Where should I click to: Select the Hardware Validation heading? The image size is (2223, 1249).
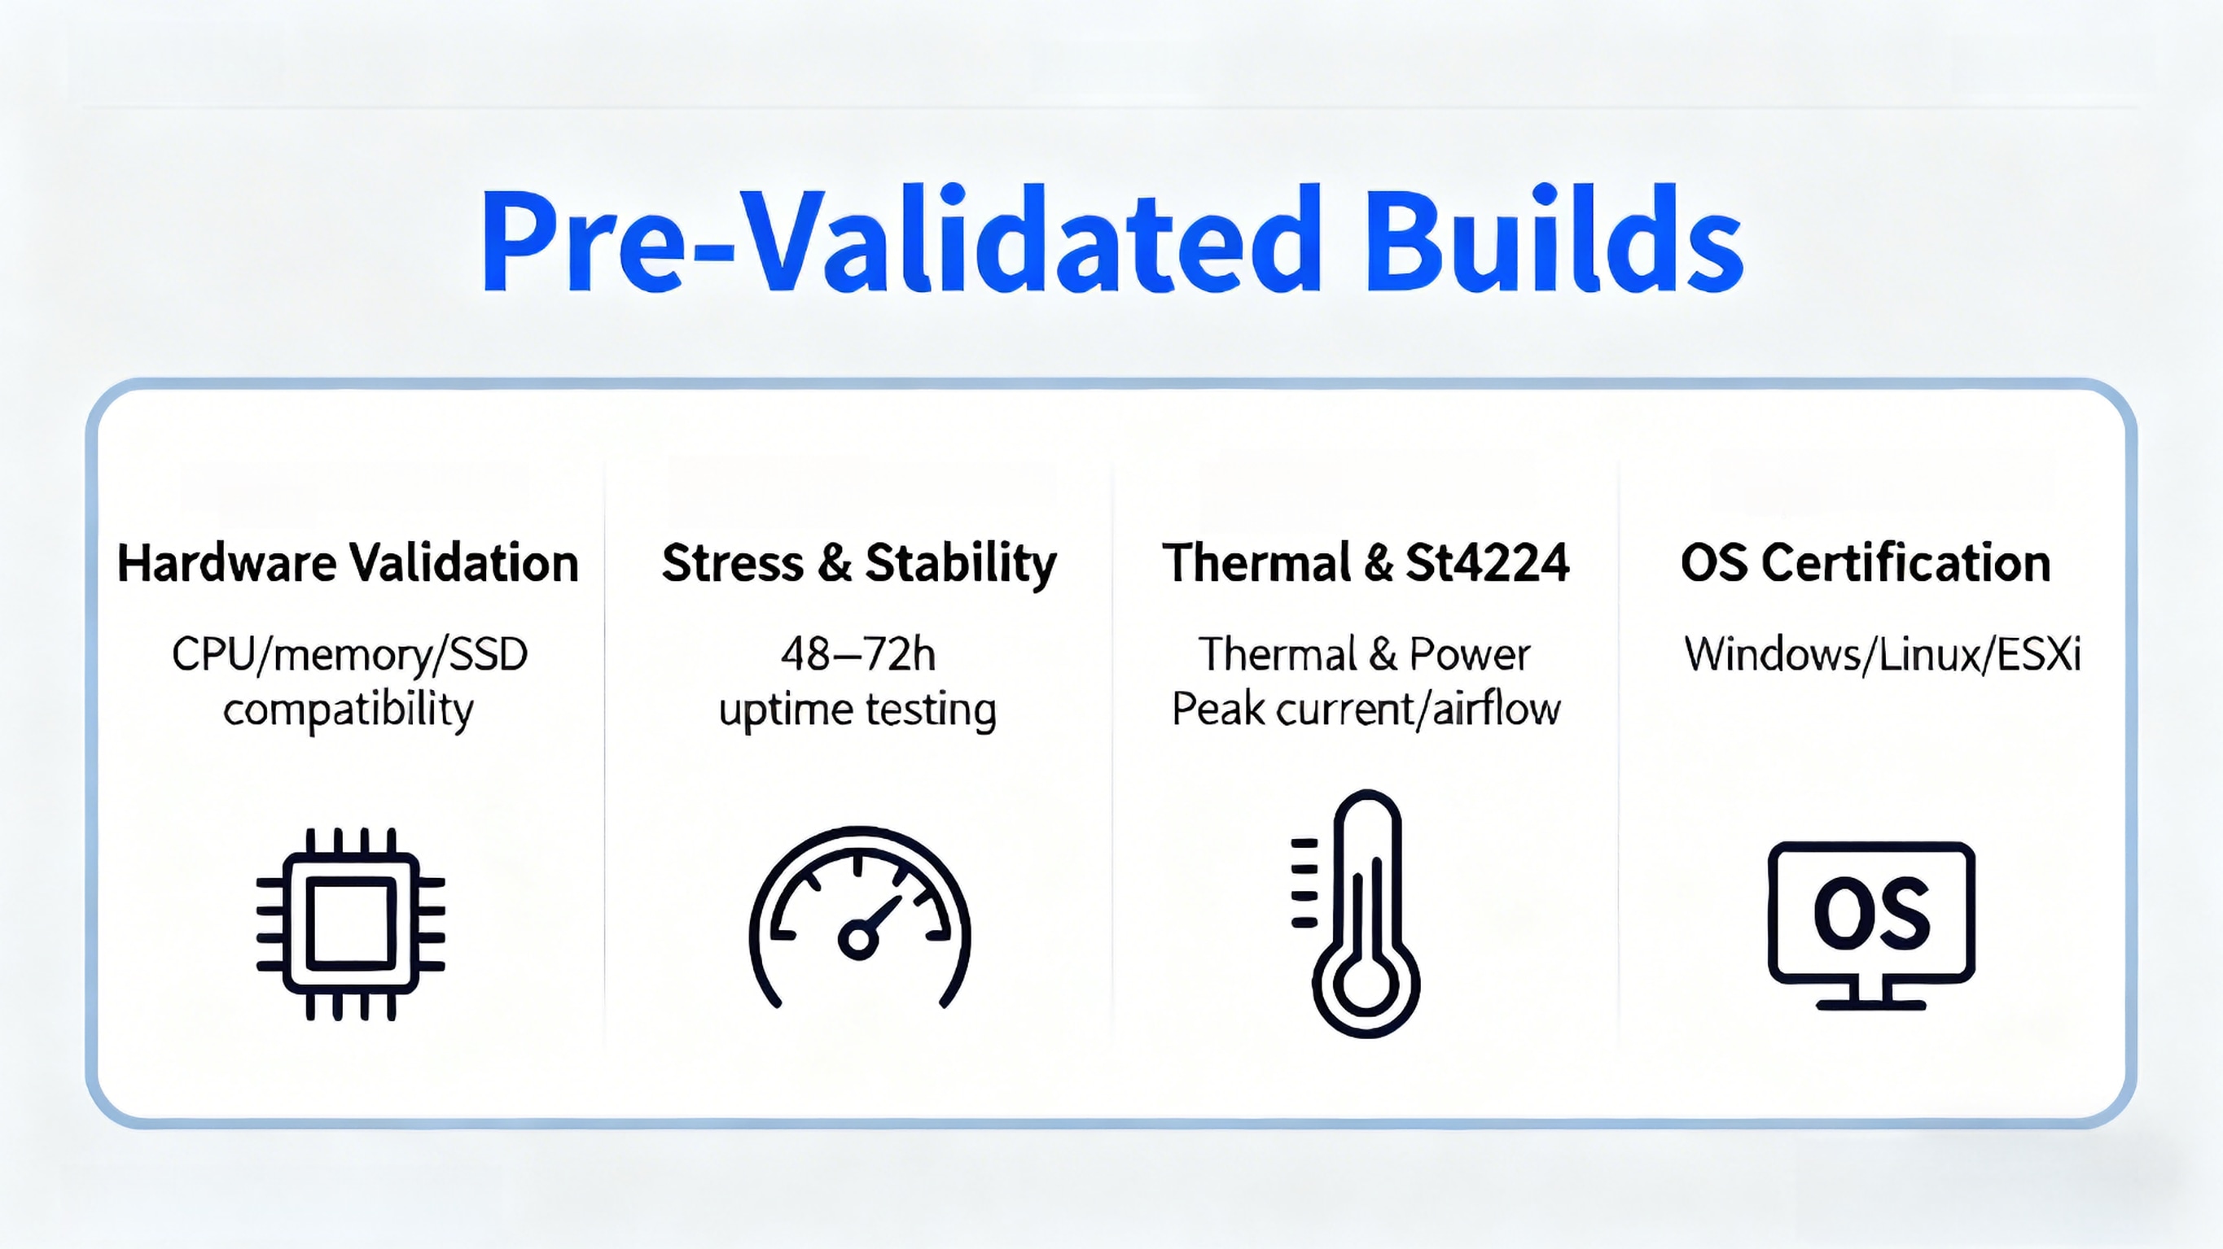[x=348, y=563]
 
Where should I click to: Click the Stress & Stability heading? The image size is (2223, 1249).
[x=858, y=563]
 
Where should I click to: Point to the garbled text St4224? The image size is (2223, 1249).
[x=1487, y=563]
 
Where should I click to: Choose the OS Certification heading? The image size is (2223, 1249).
[x=1866, y=563]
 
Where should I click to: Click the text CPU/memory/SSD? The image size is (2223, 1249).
[x=349, y=654]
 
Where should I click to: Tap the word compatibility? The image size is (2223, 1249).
[x=348, y=710]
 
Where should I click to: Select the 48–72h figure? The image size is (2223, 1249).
[x=857, y=654]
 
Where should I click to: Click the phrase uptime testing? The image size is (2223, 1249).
[x=857, y=710]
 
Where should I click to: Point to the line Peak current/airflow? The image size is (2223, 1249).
[x=1366, y=710]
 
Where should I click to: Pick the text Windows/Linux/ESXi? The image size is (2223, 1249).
[x=1882, y=654]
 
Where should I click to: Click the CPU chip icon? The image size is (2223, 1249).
[x=350, y=923]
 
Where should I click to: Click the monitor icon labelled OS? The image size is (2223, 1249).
[x=1871, y=923]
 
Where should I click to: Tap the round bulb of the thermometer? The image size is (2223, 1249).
[x=1366, y=986]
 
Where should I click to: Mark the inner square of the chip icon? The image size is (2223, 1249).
[x=350, y=923]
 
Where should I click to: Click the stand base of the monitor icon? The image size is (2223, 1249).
[x=1871, y=1004]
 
